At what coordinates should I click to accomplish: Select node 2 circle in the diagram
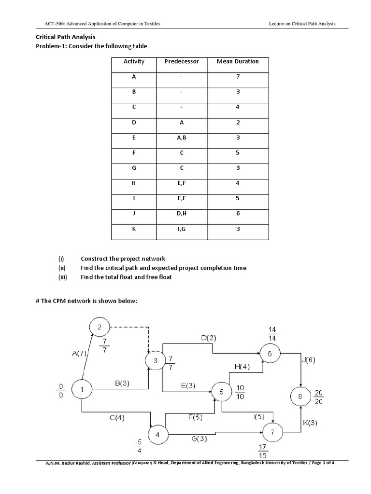click(x=100, y=328)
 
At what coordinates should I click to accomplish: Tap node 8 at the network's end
click(x=301, y=397)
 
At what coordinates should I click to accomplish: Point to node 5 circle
click(x=222, y=392)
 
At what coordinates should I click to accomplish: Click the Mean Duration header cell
click(x=238, y=61)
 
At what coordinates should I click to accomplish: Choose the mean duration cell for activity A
click(x=238, y=77)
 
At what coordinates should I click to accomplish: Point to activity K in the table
click(x=134, y=229)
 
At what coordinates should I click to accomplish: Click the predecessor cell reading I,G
click(x=182, y=229)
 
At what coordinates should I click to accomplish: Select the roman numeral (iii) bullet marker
click(x=64, y=277)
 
